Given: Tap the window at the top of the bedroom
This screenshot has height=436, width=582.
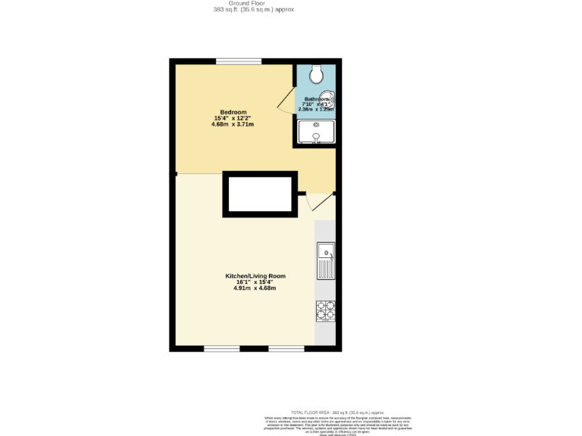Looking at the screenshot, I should (239, 61).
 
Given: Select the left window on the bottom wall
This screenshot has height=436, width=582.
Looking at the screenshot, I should (222, 348).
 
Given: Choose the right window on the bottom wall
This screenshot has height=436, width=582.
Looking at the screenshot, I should (286, 348).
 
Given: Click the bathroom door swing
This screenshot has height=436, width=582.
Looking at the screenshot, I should (286, 104).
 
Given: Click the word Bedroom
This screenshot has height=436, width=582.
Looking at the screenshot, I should (233, 112).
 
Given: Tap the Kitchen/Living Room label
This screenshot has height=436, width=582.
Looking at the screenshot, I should (255, 276).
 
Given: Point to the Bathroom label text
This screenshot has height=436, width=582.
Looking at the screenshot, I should (317, 99).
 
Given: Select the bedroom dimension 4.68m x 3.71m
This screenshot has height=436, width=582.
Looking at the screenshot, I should (233, 124).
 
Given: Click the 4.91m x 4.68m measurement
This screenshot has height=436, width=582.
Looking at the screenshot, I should (255, 288).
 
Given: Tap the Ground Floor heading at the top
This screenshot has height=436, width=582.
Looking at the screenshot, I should (253, 3).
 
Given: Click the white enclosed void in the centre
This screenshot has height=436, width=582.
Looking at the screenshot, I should (260, 195).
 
